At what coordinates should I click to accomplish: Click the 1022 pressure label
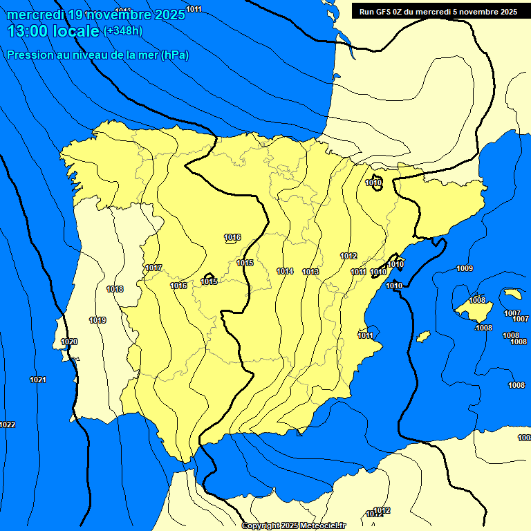click(7, 425)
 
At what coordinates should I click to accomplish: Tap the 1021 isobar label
click(38, 380)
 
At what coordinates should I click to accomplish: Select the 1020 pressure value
click(69, 342)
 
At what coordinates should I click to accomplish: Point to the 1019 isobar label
click(97, 320)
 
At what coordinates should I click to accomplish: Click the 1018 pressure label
click(115, 289)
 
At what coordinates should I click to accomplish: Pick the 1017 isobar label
click(153, 268)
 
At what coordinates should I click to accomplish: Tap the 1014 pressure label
click(285, 271)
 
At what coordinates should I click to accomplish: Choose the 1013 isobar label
click(310, 272)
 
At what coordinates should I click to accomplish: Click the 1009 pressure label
click(465, 268)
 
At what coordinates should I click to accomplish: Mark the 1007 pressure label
click(512, 313)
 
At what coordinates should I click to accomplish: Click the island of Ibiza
click(423, 336)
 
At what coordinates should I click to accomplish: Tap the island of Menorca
click(512, 294)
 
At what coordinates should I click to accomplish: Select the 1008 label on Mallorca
click(477, 300)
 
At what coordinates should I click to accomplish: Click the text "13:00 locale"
click(53, 31)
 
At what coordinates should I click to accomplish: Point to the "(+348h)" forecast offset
click(122, 31)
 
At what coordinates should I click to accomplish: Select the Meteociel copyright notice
click(293, 525)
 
